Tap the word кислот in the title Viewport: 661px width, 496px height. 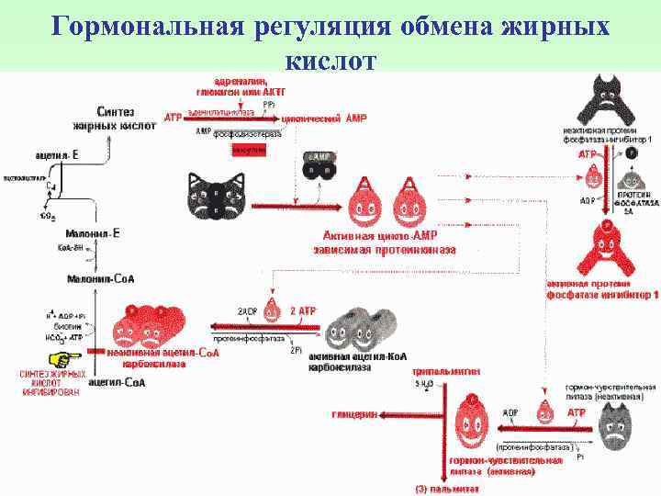[330, 61]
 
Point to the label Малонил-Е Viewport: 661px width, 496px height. [95, 234]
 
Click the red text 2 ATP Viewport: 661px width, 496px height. [302, 311]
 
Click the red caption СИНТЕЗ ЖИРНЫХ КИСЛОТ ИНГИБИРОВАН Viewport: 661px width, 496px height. [54, 383]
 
